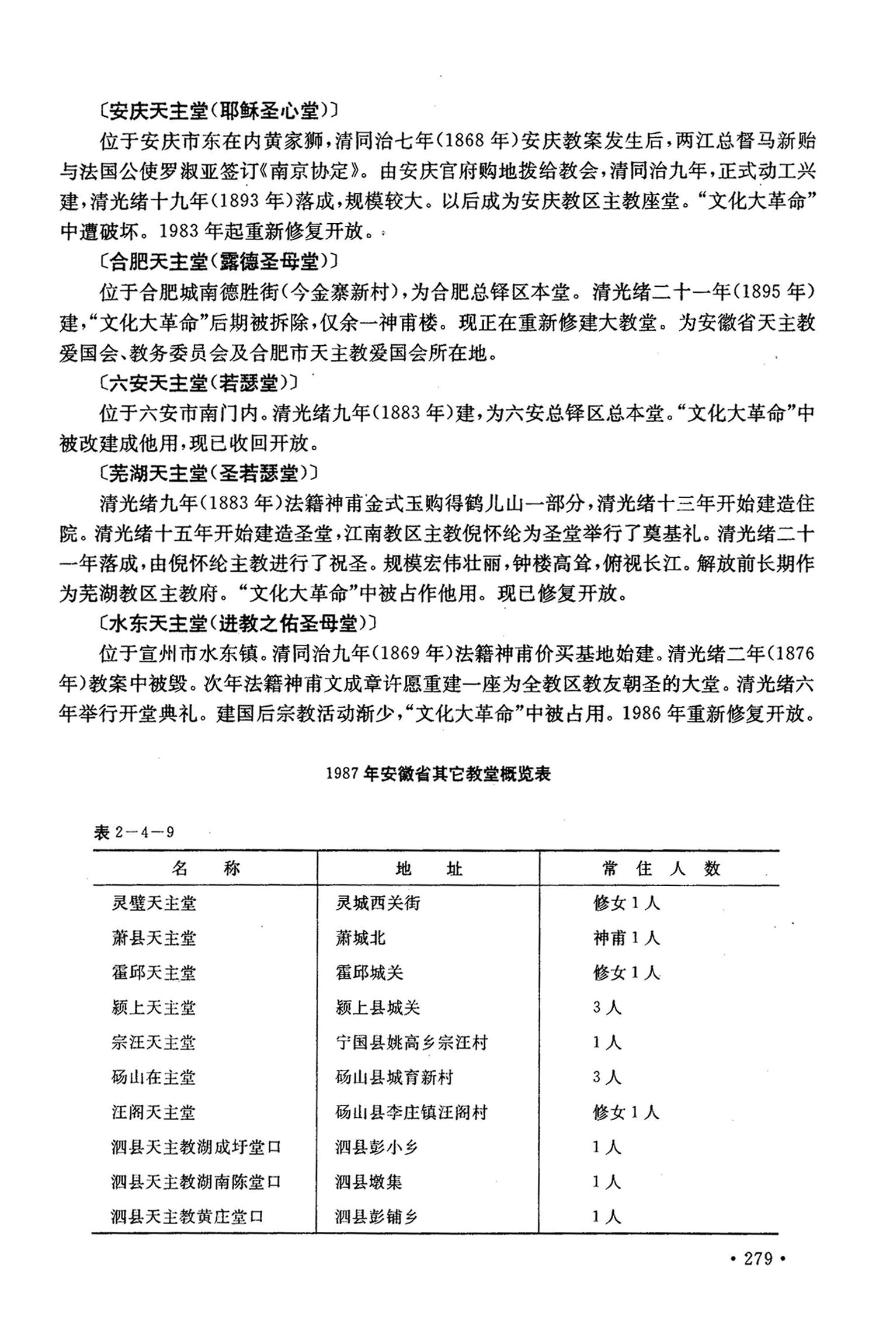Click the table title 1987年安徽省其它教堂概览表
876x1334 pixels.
pos(438,774)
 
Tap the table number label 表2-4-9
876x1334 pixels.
pos(134,832)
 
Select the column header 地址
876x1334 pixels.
pos(429,869)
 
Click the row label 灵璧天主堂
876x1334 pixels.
pos(154,904)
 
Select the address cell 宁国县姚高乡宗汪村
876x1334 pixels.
pos(412,1043)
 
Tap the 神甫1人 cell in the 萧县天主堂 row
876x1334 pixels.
pos(626,939)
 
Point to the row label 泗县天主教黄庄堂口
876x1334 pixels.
pos(187,1217)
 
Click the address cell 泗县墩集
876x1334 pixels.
pos(369,1182)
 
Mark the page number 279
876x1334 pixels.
pos(759,1259)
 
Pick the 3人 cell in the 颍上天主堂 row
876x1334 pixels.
pos(607,1008)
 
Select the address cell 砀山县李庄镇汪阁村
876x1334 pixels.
pos(412,1113)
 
